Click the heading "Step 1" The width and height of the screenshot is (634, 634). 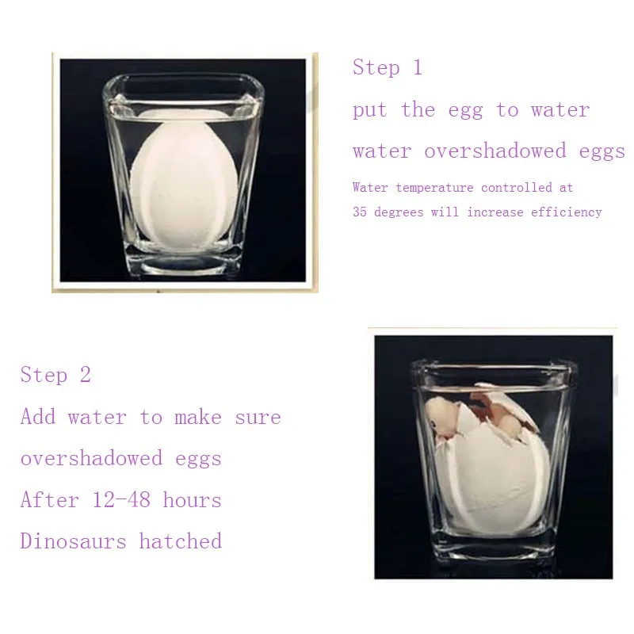point(388,68)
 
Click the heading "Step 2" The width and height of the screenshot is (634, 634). point(55,375)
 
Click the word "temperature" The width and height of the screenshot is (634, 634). point(434,188)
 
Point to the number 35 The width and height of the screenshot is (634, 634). point(360,212)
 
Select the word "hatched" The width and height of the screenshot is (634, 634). point(181,542)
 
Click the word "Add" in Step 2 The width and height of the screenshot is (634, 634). point(38,417)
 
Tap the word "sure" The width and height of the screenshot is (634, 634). point(258,417)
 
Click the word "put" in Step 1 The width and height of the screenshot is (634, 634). point(370,110)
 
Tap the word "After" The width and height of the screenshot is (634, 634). point(49,501)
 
